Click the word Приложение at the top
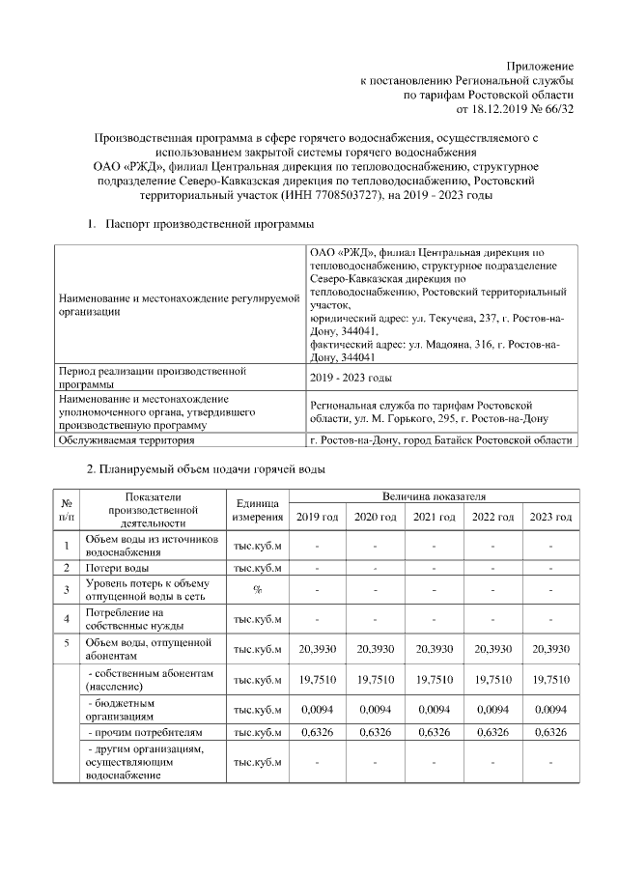[x=542, y=65]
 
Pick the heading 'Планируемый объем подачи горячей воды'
[x=212, y=470]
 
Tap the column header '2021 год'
[x=434, y=517]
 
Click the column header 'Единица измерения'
[x=257, y=510]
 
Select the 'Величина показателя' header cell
[x=433, y=495]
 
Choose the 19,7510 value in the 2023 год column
[x=549, y=679]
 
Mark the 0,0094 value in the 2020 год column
[x=375, y=711]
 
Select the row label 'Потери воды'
[x=117, y=567]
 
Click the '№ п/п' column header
[x=69, y=510]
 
